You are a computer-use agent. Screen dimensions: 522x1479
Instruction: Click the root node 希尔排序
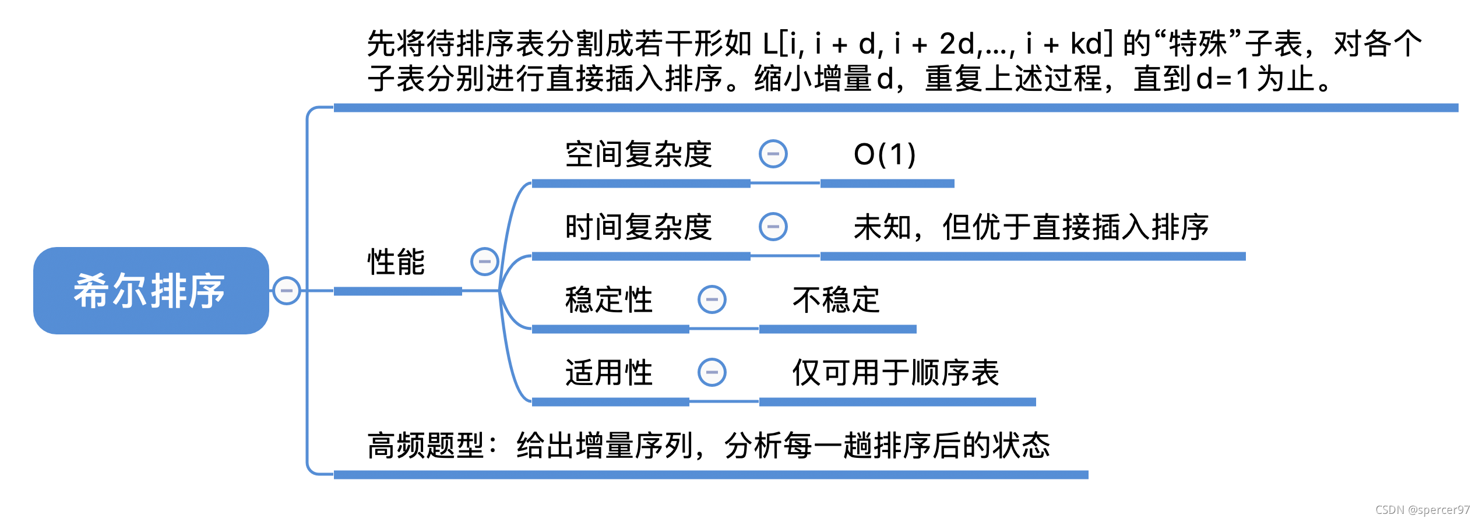(x=150, y=291)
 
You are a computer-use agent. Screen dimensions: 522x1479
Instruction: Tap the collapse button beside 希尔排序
(x=287, y=291)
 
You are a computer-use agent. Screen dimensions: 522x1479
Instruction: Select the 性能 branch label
(x=396, y=262)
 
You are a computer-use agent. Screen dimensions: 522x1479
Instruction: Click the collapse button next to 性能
(x=484, y=262)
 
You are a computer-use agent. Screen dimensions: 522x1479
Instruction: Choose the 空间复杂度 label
(x=639, y=154)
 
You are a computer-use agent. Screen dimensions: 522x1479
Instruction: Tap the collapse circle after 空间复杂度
(x=773, y=154)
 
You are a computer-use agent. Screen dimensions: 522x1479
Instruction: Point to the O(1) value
(x=885, y=154)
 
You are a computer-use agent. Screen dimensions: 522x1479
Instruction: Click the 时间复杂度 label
(x=639, y=227)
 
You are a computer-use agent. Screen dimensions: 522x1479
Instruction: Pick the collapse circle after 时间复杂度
(x=773, y=227)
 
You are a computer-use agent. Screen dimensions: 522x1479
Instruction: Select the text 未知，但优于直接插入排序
(x=1031, y=227)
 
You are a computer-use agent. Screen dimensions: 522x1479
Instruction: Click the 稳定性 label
(x=609, y=300)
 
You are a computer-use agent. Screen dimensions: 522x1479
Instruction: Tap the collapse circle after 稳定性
(x=712, y=300)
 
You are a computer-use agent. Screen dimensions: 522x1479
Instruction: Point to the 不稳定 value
(x=836, y=300)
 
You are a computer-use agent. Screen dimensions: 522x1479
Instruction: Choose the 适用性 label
(x=609, y=373)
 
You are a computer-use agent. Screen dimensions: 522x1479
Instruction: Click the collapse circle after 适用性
(x=712, y=373)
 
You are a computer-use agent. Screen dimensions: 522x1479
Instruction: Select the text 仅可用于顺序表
(x=896, y=373)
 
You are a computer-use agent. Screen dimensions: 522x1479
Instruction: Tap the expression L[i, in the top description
(x=783, y=44)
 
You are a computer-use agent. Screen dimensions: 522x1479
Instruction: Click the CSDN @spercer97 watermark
(x=1422, y=510)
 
